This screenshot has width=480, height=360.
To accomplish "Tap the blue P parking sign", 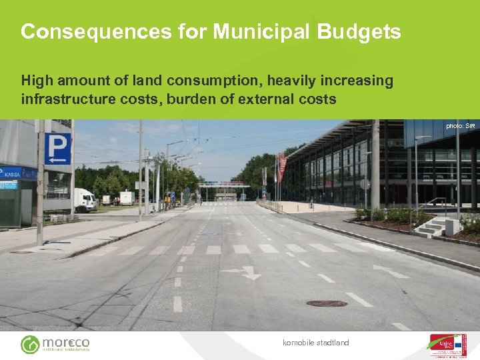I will pos(58,148).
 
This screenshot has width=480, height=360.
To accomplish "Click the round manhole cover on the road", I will pos(326,303).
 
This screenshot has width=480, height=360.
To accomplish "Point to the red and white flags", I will pos(281,166).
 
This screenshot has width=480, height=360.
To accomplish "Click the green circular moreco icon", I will pos(30,345).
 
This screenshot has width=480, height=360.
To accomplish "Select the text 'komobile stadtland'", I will pos(315,343).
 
